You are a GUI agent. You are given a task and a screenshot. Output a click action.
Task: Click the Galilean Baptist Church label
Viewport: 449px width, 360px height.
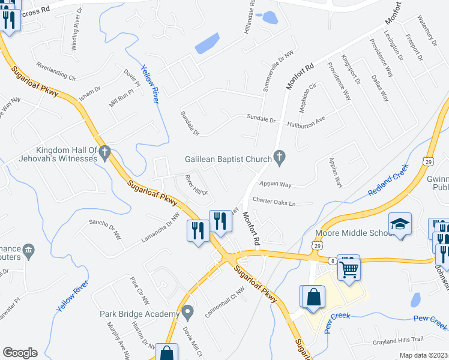(x=228, y=158)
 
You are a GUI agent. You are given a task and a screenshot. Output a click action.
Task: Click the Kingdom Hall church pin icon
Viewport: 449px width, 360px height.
(x=105, y=154)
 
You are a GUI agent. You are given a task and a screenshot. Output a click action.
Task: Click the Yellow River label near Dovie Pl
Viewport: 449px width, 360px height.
(x=150, y=85)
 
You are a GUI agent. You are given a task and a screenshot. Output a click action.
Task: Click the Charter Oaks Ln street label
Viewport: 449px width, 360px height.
(x=274, y=203)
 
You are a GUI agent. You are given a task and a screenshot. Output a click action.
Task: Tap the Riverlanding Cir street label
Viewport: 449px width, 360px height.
(x=56, y=71)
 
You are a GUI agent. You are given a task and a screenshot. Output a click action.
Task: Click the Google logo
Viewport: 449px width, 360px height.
(x=20, y=353)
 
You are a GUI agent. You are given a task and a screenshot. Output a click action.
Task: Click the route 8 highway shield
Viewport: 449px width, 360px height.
(x=331, y=260)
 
